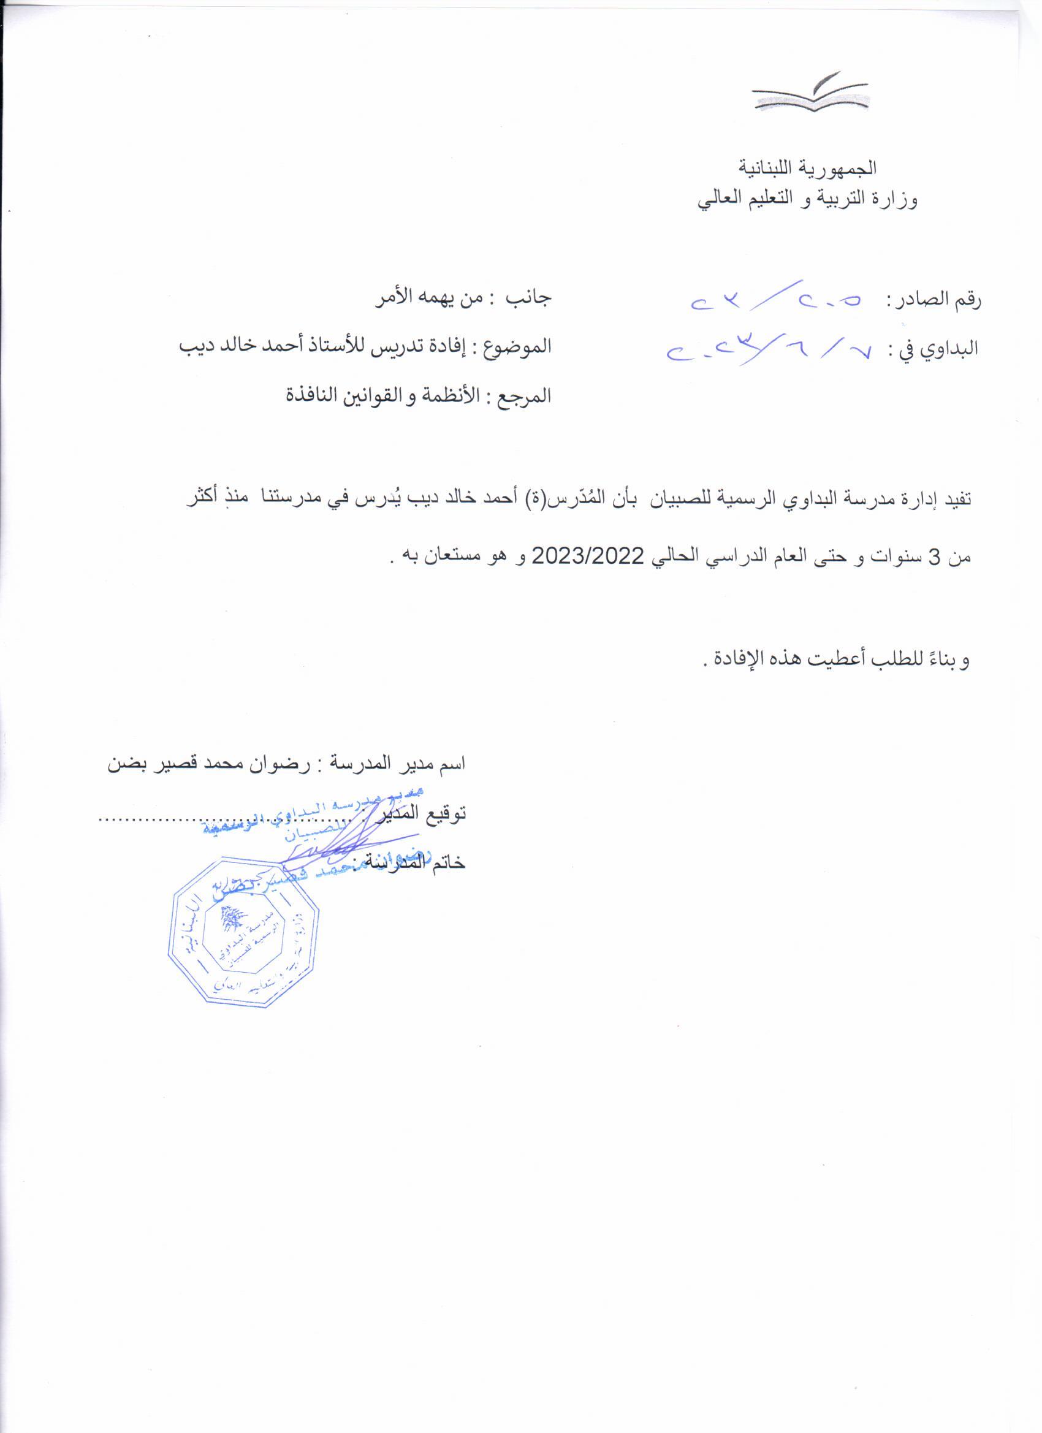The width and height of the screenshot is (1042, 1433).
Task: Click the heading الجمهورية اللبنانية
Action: (x=808, y=169)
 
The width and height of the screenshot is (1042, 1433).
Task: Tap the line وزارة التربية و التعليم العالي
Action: (x=808, y=201)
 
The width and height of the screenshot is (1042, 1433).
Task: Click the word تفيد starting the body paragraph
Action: (x=955, y=498)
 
